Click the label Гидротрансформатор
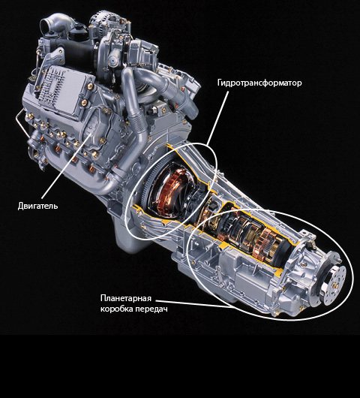click(x=259, y=83)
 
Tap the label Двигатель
click(x=37, y=206)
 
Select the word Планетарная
click(x=126, y=298)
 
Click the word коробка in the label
click(x=116, y=309)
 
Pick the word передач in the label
click(x=151, y=309)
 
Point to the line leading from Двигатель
click(x=66, y=166)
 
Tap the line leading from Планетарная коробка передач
click(x=193, y=303)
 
